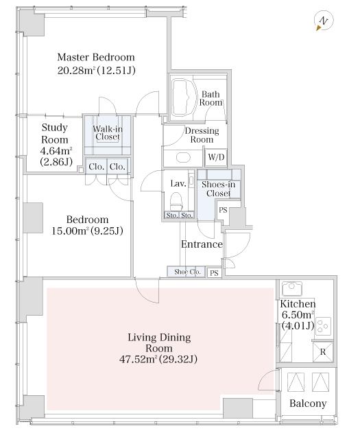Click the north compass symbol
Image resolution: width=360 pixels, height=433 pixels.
pyautogui.click(x=323, y=21)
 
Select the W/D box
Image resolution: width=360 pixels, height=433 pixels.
pyautogui.click(x=216, y=157)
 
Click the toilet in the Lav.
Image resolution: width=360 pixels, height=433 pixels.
pyautogui.click(x=176, y=202)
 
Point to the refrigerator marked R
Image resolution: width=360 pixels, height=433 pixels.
pyautogui.click(x=323, y=351)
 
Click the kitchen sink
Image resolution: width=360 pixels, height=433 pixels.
pyautogui.click(x=292, y=288)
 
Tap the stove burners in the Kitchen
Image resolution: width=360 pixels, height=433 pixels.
pyautogui.click(x=323, y=326)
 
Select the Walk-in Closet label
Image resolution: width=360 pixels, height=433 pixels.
pyautogui.click(x=107, y=133)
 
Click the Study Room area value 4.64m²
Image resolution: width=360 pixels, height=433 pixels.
pyautogui.click(x=56, y=151)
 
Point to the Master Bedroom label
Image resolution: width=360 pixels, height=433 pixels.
pyautogui.click(x=96, y=57)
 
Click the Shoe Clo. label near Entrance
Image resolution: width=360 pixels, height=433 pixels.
pyautogui.click(x=187, y=272)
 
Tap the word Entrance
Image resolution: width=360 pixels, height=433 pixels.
pyautogui.click(x=202, y=244)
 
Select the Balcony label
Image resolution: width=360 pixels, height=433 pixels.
pyautogui.click(x=308, y=403)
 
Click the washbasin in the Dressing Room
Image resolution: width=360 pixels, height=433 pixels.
pyautogui.click(x=184, y=157)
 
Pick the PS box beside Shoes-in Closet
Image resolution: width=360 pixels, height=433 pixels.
pyautogui.click(x=223, y=210)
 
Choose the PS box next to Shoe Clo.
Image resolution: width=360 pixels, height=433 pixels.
pyautogui.click(x=214, y=273)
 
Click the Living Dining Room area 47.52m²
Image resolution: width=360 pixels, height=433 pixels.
pyautogui.click(x=138, y=359)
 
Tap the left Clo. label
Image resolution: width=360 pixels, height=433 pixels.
pyautogui.click(x=96, y=167)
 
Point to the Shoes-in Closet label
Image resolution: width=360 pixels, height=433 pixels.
pyautogui.click(x=218, y=189)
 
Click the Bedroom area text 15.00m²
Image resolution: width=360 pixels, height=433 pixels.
pyautogui.click(x=70, y=231)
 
